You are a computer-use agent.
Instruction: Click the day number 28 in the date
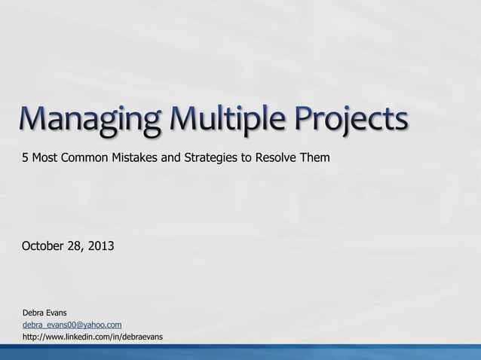(x=78, y=246)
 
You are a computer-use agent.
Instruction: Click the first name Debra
(x=34, y=312)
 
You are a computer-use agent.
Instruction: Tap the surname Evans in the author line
(x=57, y=312)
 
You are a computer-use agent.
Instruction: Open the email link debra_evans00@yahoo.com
(x=72, y=324)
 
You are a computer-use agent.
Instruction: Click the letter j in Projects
(x=345, y=126)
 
